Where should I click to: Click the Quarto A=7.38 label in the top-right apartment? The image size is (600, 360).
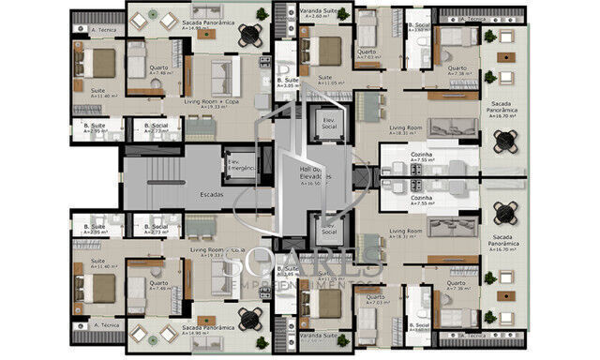(457, 69)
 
